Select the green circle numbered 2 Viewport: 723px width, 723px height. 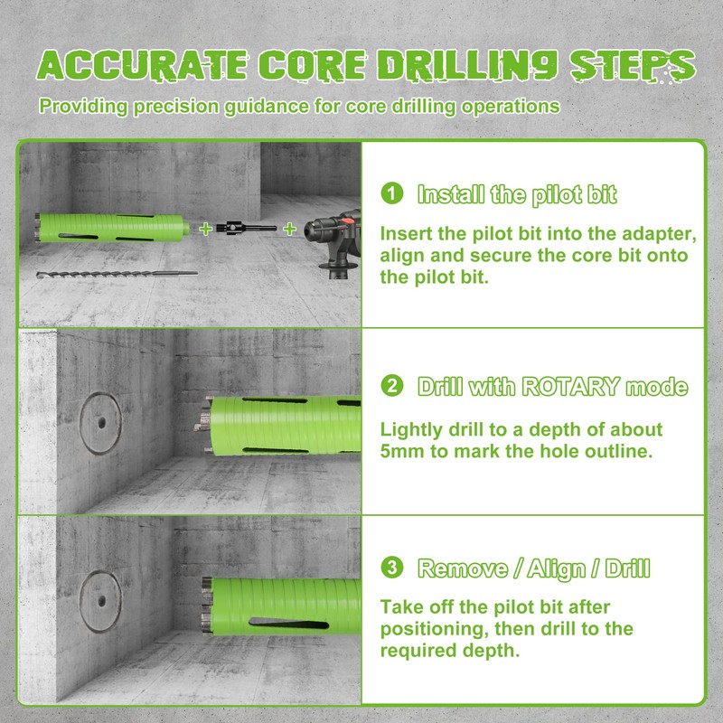pos(391,387)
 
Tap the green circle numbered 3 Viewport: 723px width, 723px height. pos(391,568)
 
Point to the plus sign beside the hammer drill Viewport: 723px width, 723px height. pos(289,230)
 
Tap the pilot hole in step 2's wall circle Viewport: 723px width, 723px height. pos(99,421)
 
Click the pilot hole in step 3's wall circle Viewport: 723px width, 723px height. pos(99,597)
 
